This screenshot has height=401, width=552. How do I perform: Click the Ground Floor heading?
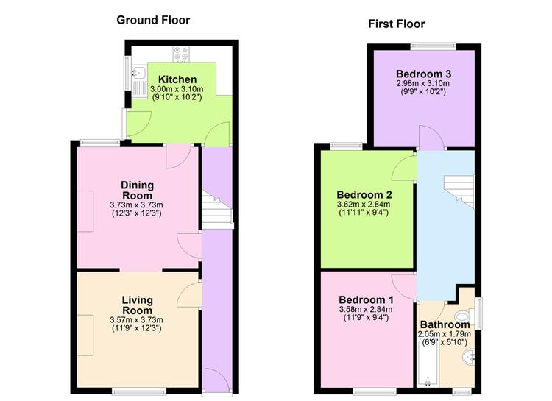pos(153,20)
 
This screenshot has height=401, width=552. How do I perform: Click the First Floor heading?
pos(397,24)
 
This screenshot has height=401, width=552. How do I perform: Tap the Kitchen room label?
pos(177,79)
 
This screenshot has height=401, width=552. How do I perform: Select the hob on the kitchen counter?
pos(181,54)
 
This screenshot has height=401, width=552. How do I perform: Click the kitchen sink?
pos(138,73)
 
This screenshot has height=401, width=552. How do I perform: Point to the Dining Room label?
pos(137,190)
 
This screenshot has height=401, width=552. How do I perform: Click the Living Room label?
pos(137,305)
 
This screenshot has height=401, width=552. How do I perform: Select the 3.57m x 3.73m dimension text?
pos(137,320)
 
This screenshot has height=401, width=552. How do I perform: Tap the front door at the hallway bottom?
pos(217,380)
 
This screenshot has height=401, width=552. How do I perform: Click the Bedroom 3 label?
pos(423,74)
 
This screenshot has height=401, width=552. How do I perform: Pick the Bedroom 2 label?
pos(364,195)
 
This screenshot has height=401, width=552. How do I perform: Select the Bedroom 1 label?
pos(366,300)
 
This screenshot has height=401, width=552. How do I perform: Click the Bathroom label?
pos(445,324)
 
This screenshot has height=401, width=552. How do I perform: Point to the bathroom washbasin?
pos(468,357)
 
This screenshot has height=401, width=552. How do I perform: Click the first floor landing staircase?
pos(459,192)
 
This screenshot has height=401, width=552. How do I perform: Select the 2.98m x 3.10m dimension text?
pos(423,83)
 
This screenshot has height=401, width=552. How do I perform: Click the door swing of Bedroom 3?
pos(430,138)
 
